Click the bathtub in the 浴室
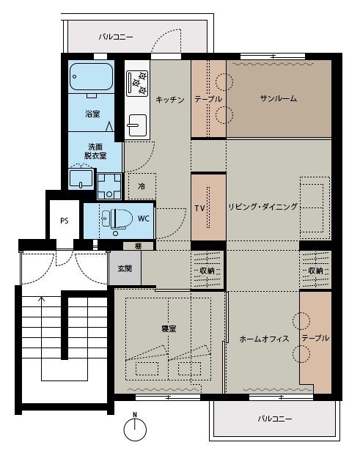coord(91,76)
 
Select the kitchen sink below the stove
coord(137,125)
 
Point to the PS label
coord(65,221)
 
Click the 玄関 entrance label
coord(125,268)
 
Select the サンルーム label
coord(279,98)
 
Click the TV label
coord(199,208)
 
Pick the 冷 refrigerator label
coord(142,186)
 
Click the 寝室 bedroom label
coord(169,329)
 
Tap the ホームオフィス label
coord(264,339)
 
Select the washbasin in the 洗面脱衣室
coord(81,179)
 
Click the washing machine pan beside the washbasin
coord(109,186)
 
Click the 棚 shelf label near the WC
coord(138,246)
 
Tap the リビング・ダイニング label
coord(263,207)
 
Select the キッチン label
coord(170,100)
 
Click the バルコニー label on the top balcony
coord(116,37)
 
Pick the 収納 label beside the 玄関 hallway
coord(207,271)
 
